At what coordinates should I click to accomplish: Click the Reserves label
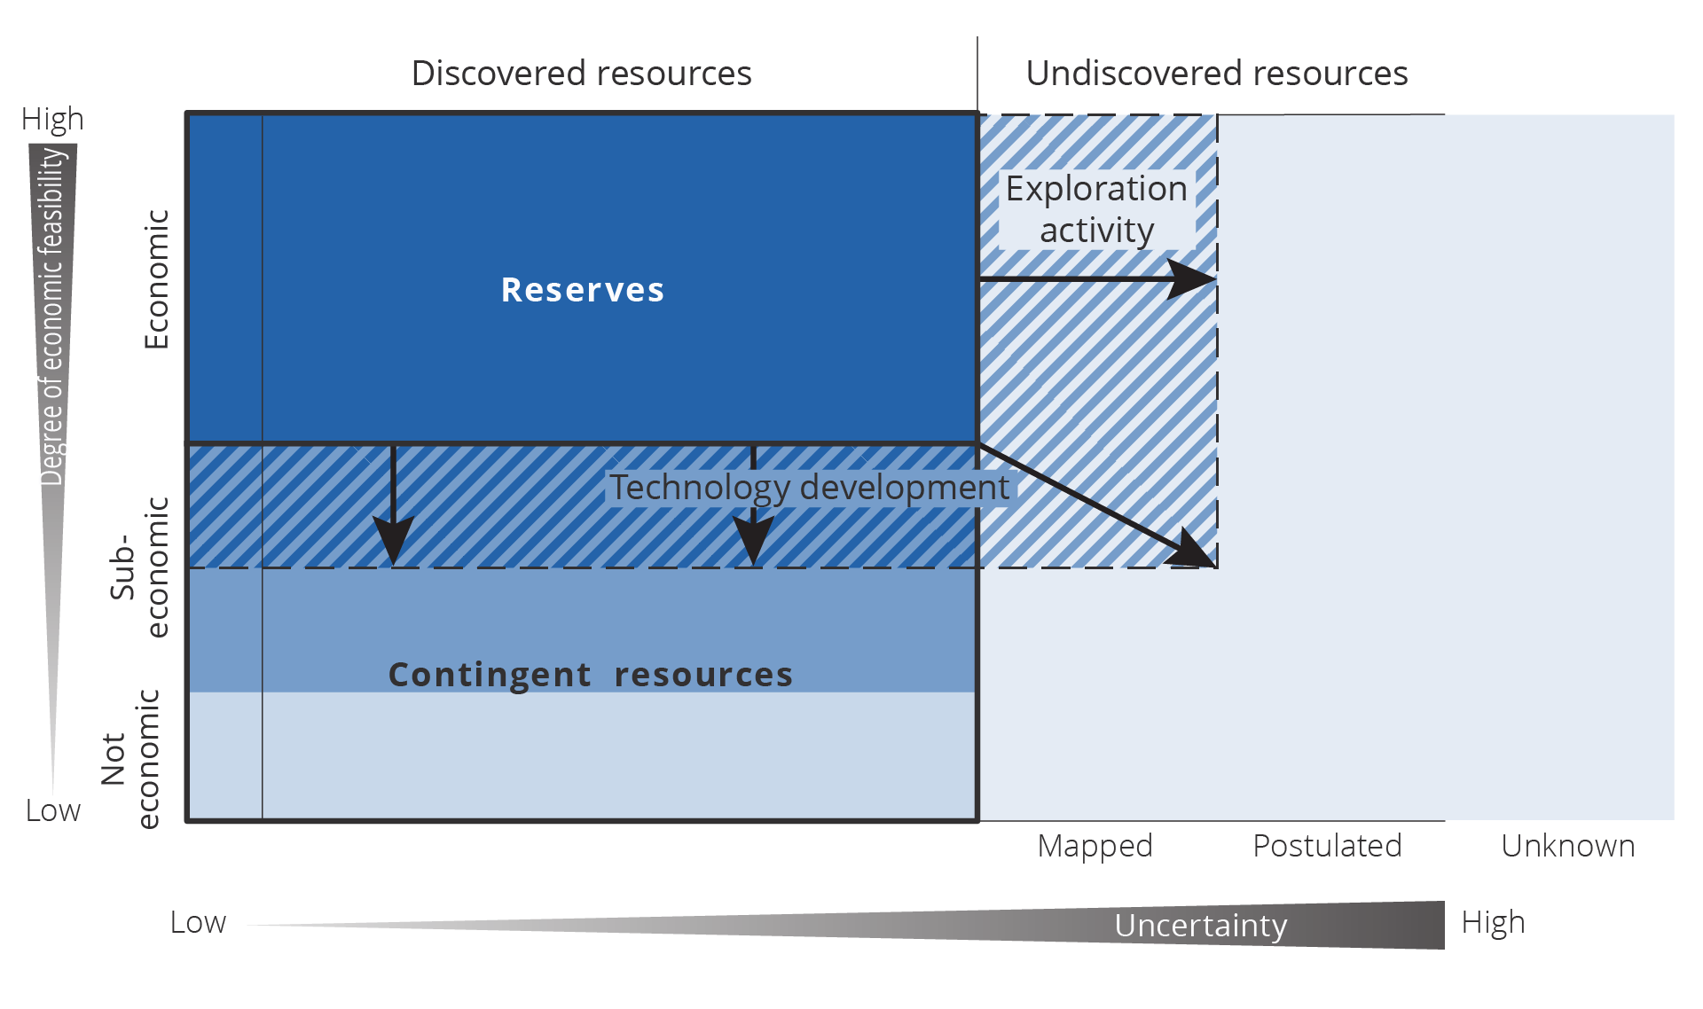[x=583, y=290]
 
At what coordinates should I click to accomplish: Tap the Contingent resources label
[x=591, y=675]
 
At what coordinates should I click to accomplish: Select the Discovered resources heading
[x=581, y=73]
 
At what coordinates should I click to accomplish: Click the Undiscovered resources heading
[x=1216, y=73]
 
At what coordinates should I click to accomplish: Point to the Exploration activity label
[x=1096, y=209]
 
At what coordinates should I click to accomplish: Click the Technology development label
[x=808, y=488]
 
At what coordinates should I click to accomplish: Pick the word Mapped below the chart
[x=1095, y=846]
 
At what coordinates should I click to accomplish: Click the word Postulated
[x=1327, y=846]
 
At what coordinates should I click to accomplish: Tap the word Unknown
[x=1567, y=846]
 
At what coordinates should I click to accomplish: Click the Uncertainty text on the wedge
[x=1200, y=926]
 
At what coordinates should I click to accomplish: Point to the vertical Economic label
[x=156, y=279]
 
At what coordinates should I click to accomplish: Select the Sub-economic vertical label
[x=140, y=567]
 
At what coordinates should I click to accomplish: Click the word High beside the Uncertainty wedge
[x=1493, y=923]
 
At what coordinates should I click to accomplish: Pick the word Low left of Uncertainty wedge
[x=198, y=923]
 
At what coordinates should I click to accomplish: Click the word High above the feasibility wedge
[x=52, y=119]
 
